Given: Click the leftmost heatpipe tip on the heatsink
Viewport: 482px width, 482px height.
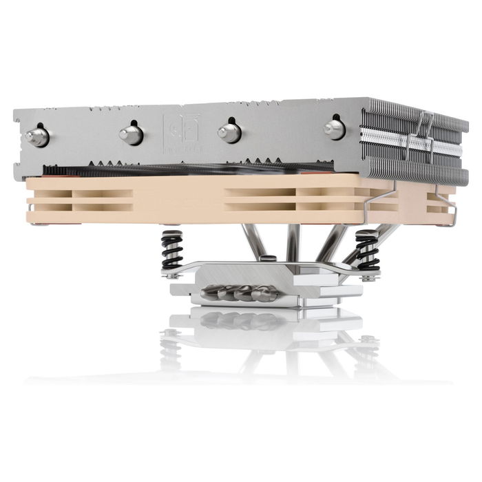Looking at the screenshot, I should [x=37, y=136].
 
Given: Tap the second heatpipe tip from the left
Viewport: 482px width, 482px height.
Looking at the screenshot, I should [x=131, y=133].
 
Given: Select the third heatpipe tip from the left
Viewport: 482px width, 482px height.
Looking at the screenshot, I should [x=229, y=132].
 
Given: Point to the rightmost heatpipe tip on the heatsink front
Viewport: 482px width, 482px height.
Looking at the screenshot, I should [x=335, y=128].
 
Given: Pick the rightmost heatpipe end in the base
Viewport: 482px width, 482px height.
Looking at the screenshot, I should [x=265, y=295].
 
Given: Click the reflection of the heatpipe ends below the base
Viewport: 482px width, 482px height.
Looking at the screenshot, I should [x=238, y=320].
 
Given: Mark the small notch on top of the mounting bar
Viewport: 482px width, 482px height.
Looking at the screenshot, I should [x=270, y=259].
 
